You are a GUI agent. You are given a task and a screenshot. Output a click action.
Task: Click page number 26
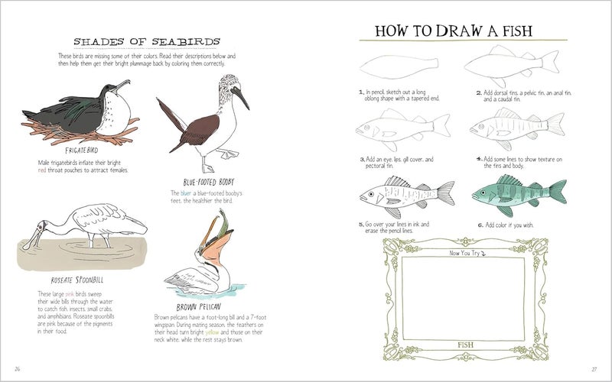(17, 371)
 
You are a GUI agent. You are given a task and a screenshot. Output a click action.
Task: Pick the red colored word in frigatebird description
(41, 170)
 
